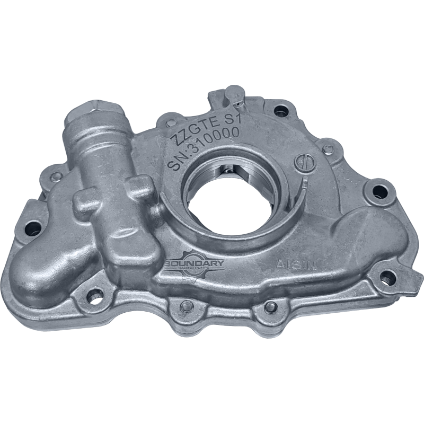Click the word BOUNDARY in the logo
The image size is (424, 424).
coord(195,263)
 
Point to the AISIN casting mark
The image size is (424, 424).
coord(296,263)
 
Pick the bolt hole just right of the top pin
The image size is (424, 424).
coord(281,111)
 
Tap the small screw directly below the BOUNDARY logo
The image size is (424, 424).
coord(186,306)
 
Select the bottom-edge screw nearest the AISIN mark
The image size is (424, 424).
coord(271,306)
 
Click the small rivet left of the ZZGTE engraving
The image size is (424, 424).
coord(171,123)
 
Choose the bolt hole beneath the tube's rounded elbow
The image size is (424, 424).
coord(95,296)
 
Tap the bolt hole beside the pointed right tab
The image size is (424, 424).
coord(388,277)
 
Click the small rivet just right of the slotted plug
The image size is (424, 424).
coord(329,149)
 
